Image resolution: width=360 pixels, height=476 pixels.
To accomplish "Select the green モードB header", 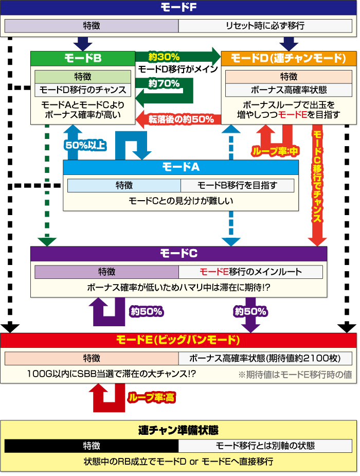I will pyautogui.click(x=82, y=58).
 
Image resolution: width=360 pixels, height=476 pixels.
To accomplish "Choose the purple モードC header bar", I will pyautogui.click(x=178, y=254).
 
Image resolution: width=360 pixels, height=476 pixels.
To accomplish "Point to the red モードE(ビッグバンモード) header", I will pyautogui.click(x=178, y=340).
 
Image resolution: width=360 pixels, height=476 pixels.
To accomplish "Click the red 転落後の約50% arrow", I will pyautogui.click(x=180, y=119).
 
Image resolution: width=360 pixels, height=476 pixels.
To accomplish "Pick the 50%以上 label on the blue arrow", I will pyautogui.click(x=85, y=145).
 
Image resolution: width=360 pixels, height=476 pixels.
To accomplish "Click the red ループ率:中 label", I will pyautogui.click(x=275, y=151).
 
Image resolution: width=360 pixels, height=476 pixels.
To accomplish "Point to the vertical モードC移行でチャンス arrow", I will pyautogui.click(x=317, y=180).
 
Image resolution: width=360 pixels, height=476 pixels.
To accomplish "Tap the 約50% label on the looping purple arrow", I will pyautogui.click(x=147, y=311).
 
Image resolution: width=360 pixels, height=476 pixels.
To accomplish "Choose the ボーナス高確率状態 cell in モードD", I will pyautogui.click(x=289, y=90).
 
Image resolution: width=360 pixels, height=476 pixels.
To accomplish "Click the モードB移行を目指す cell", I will pyautogui.click(x=237, y=185).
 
